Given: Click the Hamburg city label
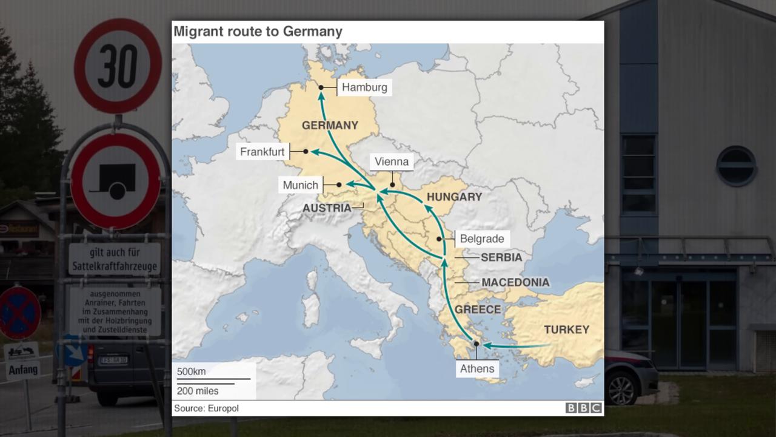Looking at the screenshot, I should pos(364,87).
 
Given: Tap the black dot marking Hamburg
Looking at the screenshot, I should pos(321,87).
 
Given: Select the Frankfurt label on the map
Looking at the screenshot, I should pos(262,152).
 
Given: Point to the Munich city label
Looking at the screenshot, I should pos(300,185).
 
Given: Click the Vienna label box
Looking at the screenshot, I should pos(392,161).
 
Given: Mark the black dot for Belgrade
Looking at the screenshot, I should pos(439,239).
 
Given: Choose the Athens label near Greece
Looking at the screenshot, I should pos(477,368).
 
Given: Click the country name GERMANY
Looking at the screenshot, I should pos(330,126).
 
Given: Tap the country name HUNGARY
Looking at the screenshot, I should pos(454,197).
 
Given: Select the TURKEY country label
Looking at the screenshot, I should pos(566,330).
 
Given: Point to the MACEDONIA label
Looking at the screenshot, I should pos(515,282).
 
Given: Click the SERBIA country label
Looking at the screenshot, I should pos(501,257).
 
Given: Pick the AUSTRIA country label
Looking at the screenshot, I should pos(327,208).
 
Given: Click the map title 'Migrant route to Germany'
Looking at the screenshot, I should pos(258,32).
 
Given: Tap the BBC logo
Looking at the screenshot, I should pos(583,408).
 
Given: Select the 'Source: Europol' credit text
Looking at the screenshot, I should pos(206,408).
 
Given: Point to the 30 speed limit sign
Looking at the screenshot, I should pos(118,66).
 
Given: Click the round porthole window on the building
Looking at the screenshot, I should pos(736,166).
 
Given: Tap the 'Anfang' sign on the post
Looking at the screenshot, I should pos(23,369).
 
